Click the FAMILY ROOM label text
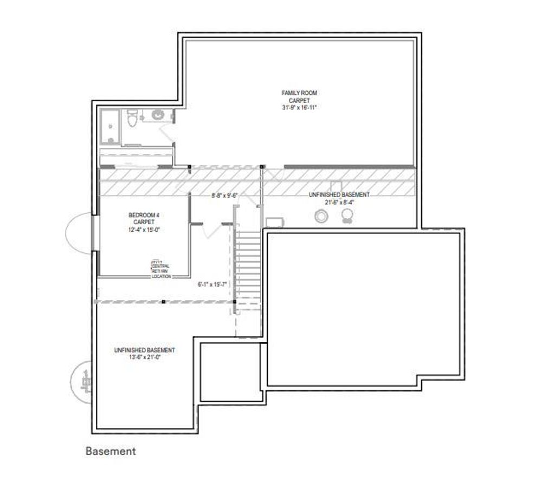coord(299,93)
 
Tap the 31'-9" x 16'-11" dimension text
coord(299,108)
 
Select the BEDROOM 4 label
coord(144,215)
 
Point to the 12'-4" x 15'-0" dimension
coord(144,230)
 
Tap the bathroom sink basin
coord(158,115)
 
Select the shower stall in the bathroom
coord(110,126)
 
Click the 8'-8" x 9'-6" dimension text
coord(225,196)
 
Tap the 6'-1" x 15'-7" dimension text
coord(214,283)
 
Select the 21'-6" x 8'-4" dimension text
coord(339,202)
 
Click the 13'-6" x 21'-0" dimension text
coord(144,357)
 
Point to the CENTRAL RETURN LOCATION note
coord(161,270)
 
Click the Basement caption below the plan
coord(111,451)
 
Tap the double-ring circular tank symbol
coord(321,217)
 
